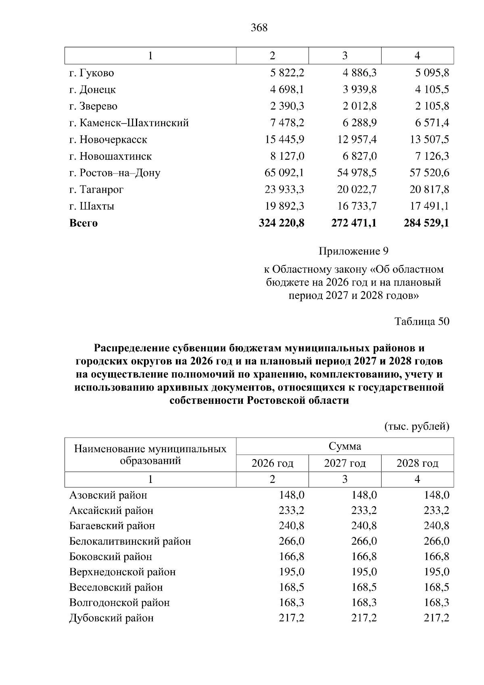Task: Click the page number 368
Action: click(259, 28)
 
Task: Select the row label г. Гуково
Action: click(92, 73)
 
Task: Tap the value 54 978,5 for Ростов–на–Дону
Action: click(357, 173)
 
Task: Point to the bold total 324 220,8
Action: click(281, 223)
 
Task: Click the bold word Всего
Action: click(83, 223)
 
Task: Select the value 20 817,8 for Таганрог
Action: click(429, 190)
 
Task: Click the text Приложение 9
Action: click(353, 252)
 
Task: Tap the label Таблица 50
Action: click(422, 322)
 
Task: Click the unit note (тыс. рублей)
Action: click(417, 426)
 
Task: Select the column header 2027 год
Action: click(345, 464)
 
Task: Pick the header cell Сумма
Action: click(345, 446)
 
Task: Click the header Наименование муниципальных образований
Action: click(150, 455)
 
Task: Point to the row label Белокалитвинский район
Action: click(130, 541)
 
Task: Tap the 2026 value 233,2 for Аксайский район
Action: click(292, 511)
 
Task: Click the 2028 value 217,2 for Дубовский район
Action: click(436, 618)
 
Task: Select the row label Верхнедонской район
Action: click(123, 572)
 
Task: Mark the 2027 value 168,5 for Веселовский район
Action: click(364, 587)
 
